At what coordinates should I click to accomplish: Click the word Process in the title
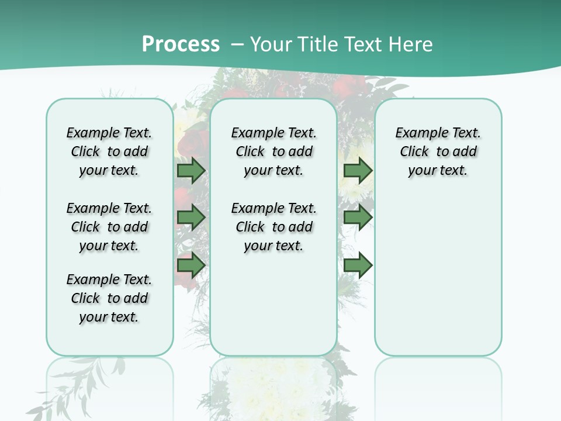[181, 44]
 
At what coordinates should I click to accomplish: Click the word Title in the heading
[320, 44]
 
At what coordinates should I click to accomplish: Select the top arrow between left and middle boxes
[191, 171]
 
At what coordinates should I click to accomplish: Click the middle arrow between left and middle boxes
[191, 218]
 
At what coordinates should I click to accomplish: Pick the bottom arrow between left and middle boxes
[191, 265]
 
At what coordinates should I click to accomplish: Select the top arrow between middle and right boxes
[358, 171]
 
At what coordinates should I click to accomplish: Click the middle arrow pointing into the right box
[358, 218]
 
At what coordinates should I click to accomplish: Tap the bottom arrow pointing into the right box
[358, 265]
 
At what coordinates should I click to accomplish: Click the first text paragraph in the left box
[109, 151]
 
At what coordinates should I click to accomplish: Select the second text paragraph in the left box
[109, 227]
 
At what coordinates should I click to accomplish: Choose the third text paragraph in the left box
[109, 298]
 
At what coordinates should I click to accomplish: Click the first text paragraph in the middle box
[273, 151]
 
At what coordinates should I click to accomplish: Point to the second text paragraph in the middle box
[273, 227]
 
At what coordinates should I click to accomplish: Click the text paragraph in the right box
[438, 151]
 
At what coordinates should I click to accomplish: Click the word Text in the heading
[363, 44]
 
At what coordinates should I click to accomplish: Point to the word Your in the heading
[272, 44]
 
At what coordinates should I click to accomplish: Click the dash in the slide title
[238, 44]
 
